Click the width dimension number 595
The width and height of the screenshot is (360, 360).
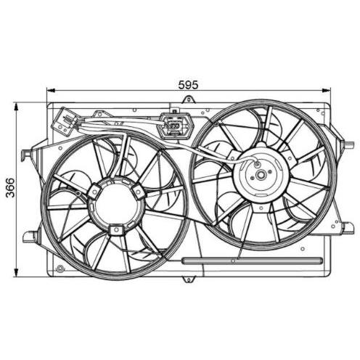pos(188,85)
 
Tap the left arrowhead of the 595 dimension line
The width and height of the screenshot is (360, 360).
pos(51,90)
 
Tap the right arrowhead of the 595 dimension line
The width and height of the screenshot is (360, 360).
pos(326,90)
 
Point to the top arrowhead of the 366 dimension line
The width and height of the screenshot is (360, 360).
pos(16,107)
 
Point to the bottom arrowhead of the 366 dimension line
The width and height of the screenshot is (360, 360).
pos(16,272)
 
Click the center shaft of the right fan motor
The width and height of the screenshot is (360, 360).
pos(261,175)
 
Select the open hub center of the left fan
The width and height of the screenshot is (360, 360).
pos(115,206)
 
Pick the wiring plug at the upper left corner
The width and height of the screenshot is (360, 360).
pos(64,120)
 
